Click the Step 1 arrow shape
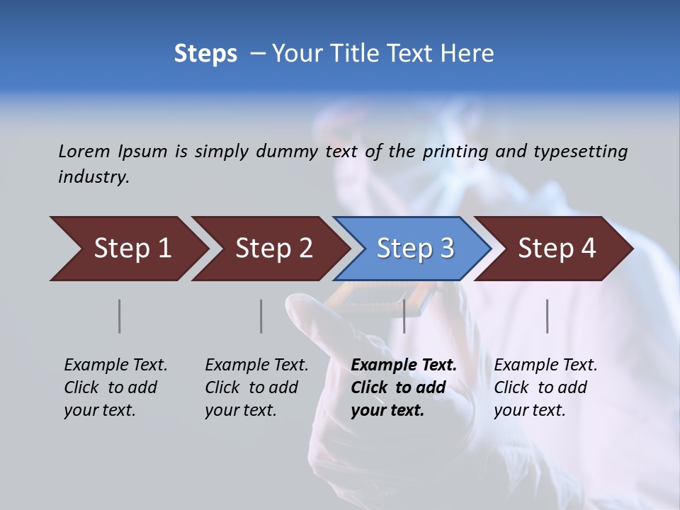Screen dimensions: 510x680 [x=127, y=249]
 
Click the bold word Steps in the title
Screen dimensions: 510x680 [x=205, y=54]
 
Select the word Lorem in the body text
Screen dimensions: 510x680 [x=84, y=151]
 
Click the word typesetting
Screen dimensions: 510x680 [x=580, y=152]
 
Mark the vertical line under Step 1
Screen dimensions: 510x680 [x=120, y=316]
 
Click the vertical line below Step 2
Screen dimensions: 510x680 [x=261, y=316]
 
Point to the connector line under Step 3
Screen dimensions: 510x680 [x=404, y=316]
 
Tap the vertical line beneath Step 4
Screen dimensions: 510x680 [x=548, y=316]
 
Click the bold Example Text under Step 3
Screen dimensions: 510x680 [x=404, y=365]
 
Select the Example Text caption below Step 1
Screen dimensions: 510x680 [x=115, y=365]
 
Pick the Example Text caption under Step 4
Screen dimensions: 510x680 [x=545, y=365]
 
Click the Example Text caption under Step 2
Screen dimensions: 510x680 [x=256, y=365]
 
